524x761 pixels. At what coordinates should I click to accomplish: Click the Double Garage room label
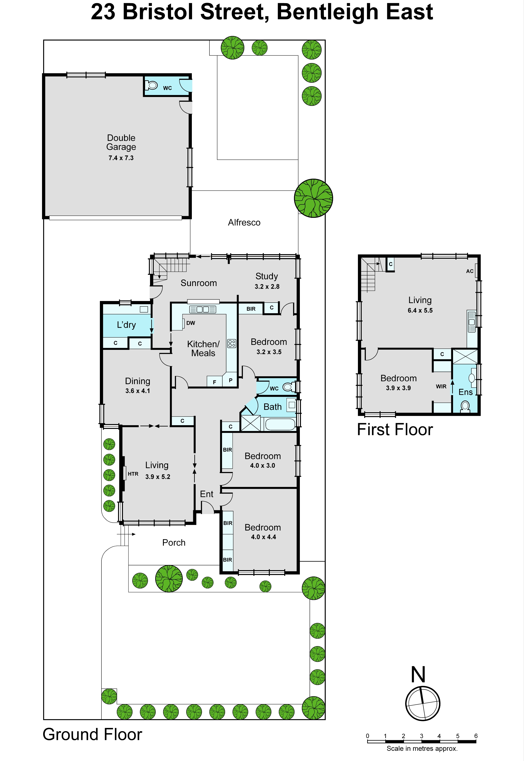121,142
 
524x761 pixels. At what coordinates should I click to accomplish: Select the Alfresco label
244,223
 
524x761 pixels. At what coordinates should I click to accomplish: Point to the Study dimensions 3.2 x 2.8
267,287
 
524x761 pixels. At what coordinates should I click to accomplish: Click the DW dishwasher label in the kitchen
191,323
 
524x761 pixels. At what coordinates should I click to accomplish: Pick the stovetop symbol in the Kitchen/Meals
232,343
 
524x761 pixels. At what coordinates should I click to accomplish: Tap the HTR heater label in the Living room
133,474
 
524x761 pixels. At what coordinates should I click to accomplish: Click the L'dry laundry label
126,325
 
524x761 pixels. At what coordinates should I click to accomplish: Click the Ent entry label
207,494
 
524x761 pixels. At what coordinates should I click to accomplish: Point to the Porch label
174,543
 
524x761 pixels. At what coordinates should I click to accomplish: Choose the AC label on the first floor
470,271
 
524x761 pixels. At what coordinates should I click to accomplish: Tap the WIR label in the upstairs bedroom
441,386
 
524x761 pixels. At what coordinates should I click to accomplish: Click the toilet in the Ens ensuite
465,407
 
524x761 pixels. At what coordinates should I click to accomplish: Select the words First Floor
395,429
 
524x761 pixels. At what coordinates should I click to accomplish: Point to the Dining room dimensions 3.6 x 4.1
138,391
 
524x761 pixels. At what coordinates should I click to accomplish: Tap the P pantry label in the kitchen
230,380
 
